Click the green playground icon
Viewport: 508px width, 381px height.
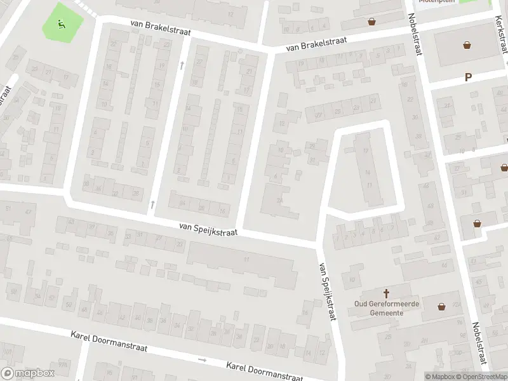click(61, 25)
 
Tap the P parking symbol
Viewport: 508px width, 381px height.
click(469, 77)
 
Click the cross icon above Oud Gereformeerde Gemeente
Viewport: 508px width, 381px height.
click(386, 293)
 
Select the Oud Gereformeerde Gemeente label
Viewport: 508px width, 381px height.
click(386, 308)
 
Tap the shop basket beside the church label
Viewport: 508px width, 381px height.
click(442, 307)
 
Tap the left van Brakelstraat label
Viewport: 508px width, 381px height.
click(160, 27)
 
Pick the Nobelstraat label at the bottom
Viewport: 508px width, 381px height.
click(480, 343)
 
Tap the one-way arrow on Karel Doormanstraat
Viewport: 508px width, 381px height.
click(203, 360)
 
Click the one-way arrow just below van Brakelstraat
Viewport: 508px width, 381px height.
click(182, 65)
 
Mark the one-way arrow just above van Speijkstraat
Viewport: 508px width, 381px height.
click(152, 204)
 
